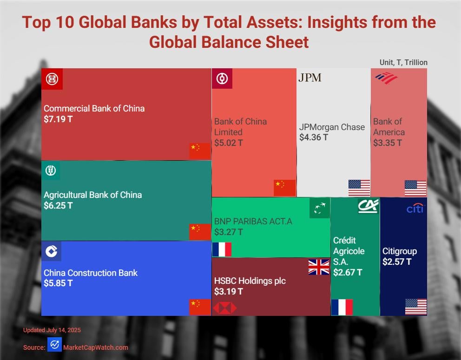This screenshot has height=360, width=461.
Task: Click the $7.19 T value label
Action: click(58, 119)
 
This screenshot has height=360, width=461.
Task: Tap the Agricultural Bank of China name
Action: click(92, 195)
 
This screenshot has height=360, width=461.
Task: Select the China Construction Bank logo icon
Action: click(51, 251)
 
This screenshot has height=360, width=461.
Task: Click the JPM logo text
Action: click(310, 78)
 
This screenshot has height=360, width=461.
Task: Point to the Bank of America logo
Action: click(386, 78)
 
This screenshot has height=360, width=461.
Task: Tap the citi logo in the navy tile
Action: click(415, 209)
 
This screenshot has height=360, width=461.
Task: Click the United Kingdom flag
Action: click(319, 267)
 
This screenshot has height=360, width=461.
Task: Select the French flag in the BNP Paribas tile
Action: click(222, 249)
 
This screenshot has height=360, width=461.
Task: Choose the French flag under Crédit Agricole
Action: click(342, 307)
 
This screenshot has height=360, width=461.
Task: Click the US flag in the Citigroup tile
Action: click(415, 307)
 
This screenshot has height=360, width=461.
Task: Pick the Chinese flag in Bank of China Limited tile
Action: click(284, 188)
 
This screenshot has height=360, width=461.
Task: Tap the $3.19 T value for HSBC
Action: click(228, 292)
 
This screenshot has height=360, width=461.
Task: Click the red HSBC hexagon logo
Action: click(225, 308)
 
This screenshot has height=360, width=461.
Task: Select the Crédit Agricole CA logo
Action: click(368, 206)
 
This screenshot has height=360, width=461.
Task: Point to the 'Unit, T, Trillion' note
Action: click(403, 62)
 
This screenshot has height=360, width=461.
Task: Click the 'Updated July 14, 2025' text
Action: click(52, 330)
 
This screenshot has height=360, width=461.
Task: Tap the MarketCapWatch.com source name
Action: click(95, 347)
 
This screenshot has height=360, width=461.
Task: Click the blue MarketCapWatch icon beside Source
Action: click(54, 345)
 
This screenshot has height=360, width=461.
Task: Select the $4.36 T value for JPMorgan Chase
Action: click(314, 137)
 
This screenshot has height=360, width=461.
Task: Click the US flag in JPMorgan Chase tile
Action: click(359, 188)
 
